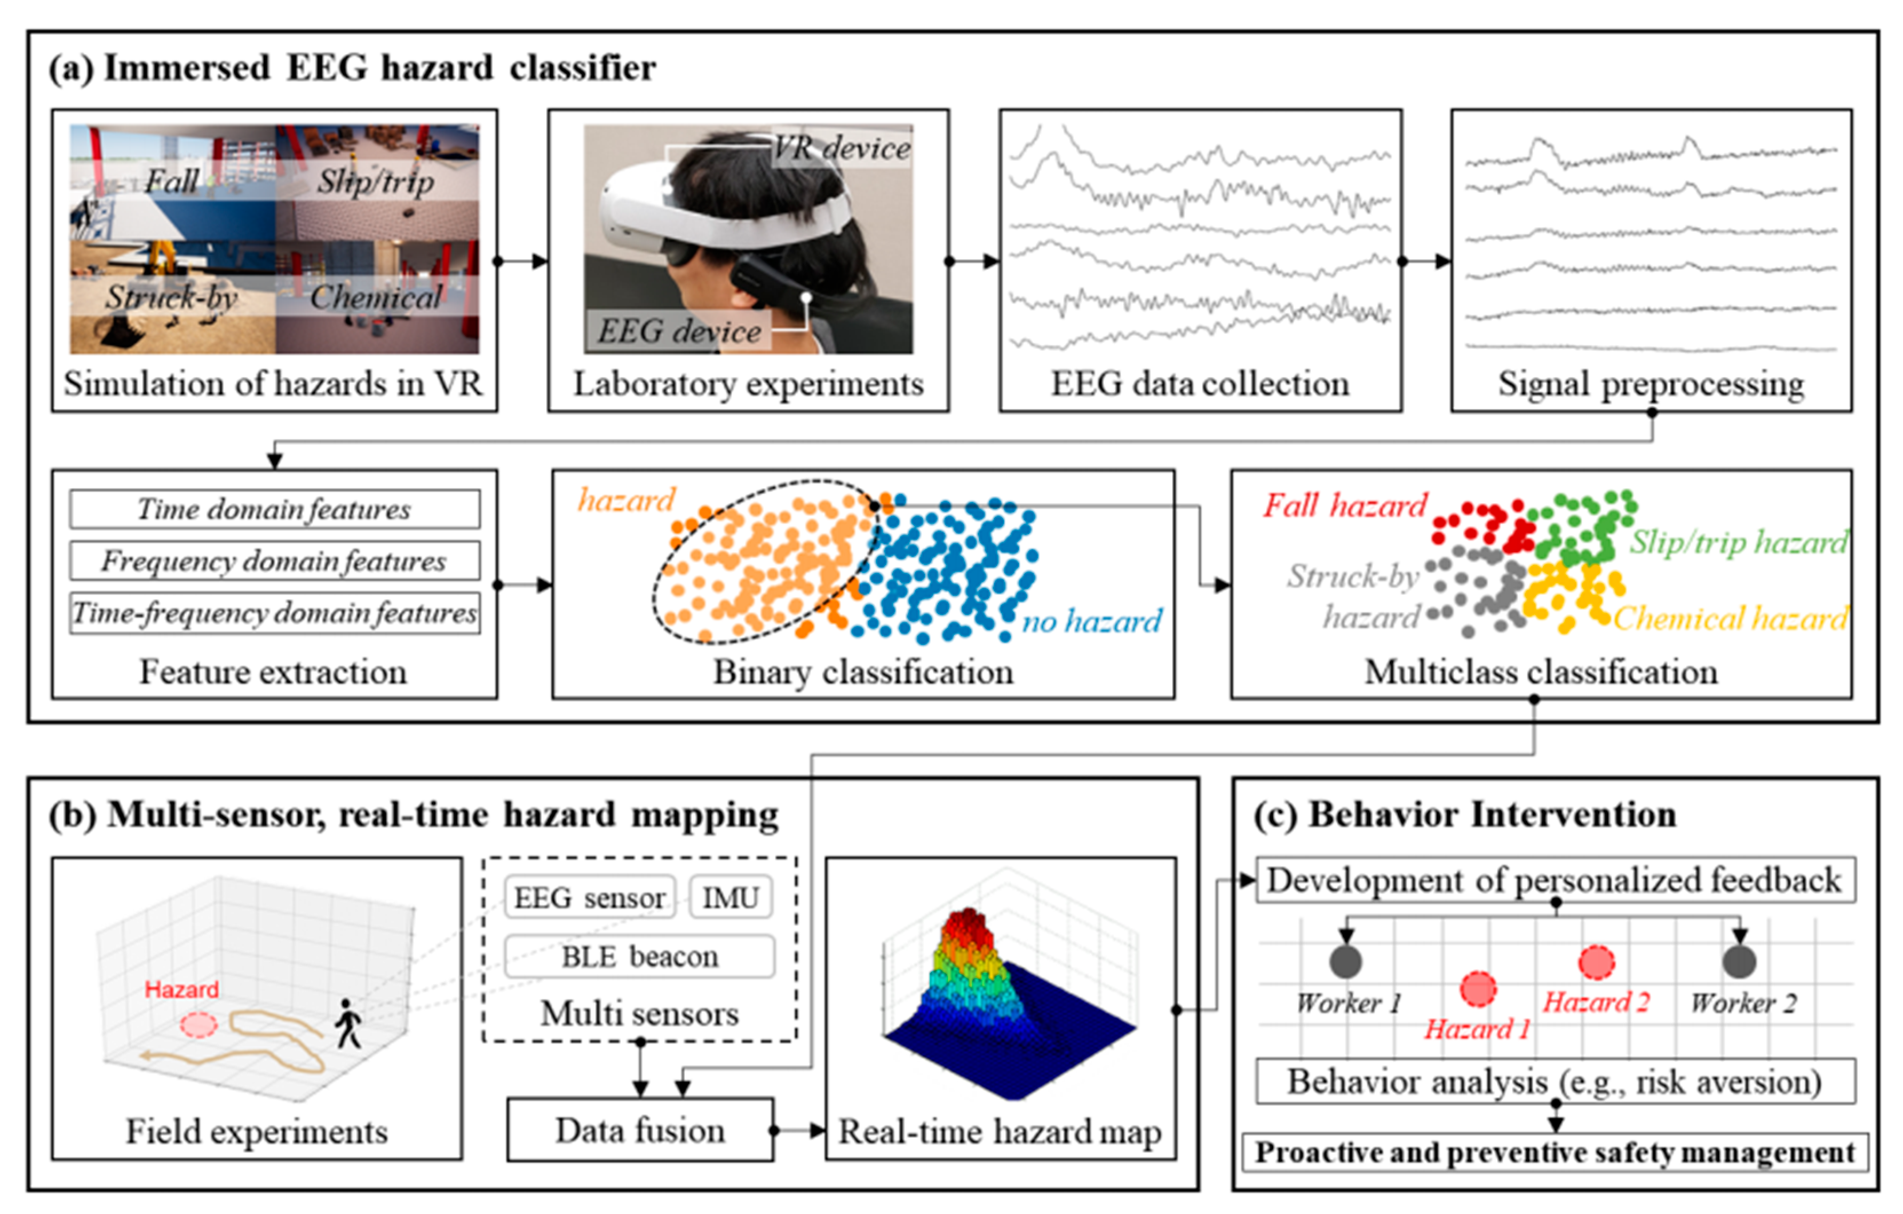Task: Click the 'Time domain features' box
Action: [274, 509]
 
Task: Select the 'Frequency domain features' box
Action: [274, 561]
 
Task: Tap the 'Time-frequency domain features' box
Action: [274, 614]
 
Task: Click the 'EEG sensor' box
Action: [589, 897]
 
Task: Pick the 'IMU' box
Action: [730, 897]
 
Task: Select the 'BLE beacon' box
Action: [639, 956]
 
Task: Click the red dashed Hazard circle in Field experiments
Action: [199, 1025]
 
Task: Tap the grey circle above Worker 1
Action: [1346, 961]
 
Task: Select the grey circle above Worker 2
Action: [1739, 961]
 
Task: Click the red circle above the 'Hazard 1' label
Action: [1478, 988]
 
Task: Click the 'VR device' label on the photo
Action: [842, 148]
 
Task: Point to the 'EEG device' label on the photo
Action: [679, 331]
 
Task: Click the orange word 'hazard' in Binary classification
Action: [627, 500]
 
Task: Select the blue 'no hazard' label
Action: [1092, 621]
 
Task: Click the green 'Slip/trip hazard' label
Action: [1739, 542]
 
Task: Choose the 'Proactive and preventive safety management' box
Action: [1555, 1152]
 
